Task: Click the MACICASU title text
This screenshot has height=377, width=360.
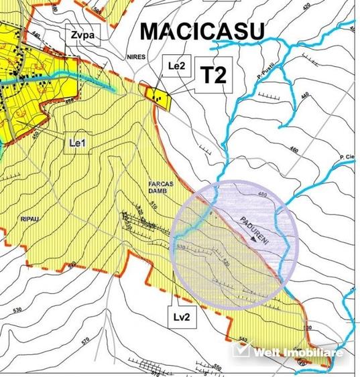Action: (x=202, y=31)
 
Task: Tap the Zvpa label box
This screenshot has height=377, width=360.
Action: (x=82, y=35)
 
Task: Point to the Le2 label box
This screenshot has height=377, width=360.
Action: (x=172, y=67)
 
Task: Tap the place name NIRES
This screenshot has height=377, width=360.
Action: (x=135, y=58)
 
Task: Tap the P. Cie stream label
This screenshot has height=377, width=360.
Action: (x=347, y=158)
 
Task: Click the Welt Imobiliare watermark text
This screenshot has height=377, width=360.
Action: (x=296, y=352)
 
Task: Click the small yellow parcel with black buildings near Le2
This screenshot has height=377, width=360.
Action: (x=160, y=98)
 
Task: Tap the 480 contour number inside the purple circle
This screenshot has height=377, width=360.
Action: (x=261, y=195)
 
